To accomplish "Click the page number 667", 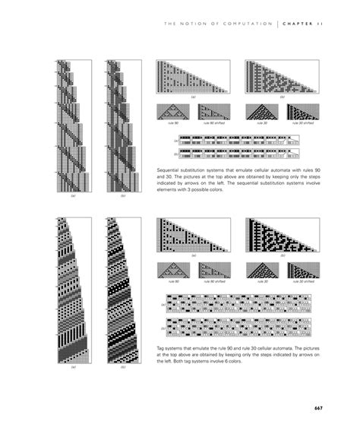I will (x=318, y=408).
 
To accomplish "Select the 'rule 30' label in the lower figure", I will (x=262, y=281).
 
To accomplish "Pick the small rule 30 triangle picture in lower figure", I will (x=262, y=269).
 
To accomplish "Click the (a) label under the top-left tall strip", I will (x=74, y=195).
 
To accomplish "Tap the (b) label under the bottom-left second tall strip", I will (x=123, y=367).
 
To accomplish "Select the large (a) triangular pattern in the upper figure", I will (x=193, y=76).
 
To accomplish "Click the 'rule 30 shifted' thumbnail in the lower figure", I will (x=305, y=269).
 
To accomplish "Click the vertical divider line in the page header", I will (x=278, y=24).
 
